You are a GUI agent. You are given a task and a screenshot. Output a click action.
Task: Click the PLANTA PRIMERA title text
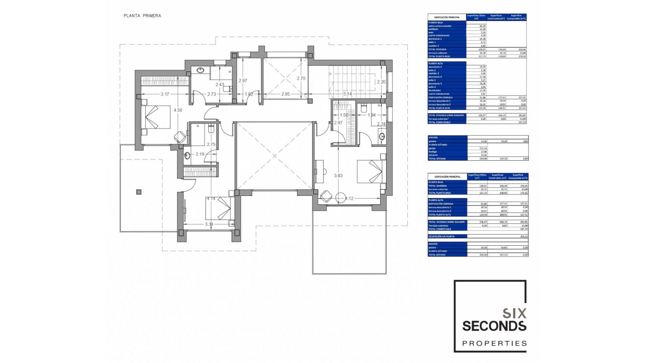tap(142, 16)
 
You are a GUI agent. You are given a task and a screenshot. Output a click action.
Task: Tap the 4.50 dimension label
tap(178, 110)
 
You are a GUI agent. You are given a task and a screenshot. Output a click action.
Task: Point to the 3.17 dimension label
tap(165, 94)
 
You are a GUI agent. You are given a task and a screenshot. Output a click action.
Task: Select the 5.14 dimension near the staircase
tap(347, 94)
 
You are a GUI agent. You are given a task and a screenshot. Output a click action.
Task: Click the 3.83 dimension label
tap(338, 176)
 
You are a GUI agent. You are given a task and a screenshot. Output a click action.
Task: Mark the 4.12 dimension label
tap(349, 199)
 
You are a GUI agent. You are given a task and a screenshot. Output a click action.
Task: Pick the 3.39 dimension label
tap(209, 224)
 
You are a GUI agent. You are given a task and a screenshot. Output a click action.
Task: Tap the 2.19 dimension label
tap(200, 154)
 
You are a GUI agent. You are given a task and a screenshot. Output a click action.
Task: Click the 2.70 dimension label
tap(301, 78)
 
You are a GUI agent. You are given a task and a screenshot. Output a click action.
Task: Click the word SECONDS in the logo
tap(494, 326)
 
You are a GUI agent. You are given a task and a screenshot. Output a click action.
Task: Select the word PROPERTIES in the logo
tap(494, 344)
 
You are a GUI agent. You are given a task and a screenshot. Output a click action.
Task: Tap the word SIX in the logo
tap(514, 314)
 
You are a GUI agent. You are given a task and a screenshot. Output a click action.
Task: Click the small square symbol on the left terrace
tap(139, 192)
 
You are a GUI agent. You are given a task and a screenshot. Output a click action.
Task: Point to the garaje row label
tap(432, 148)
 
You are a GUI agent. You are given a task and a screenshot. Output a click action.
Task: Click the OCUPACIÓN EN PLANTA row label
tap(441, 236)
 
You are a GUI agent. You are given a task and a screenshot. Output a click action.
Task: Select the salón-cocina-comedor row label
tap(440, 26)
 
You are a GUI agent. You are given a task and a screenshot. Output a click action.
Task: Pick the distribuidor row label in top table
tap(434, 90)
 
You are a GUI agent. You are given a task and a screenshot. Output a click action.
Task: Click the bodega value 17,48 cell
tap(483, 152)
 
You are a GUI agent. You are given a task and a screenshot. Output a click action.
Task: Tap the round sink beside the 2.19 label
tap(187, 156)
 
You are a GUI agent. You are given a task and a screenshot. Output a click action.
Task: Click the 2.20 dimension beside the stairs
tap(381, 82)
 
